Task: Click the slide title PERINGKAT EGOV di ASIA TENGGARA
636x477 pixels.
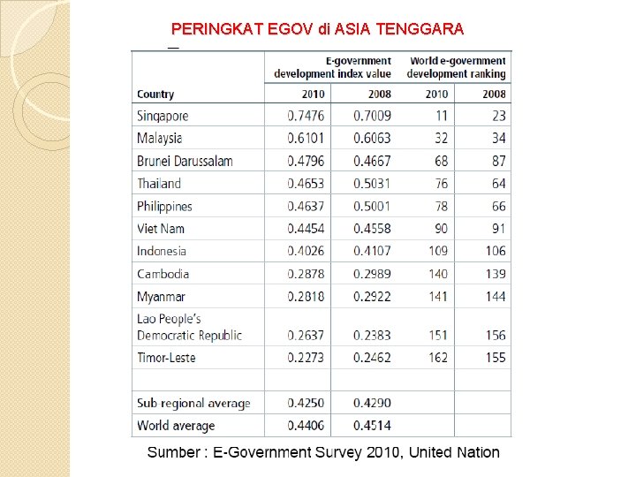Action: point(317,29)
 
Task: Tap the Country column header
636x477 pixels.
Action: point(155,94)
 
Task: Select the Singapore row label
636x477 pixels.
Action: point(163,116)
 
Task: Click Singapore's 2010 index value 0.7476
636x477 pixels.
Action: point(306,116)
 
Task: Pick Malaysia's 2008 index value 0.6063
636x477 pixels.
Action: point(372,138)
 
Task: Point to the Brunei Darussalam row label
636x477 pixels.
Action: point(185,161)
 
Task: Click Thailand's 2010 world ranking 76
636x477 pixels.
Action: point(440,184)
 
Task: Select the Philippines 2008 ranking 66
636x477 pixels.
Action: point(498,206)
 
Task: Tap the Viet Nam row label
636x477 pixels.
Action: point(161,229)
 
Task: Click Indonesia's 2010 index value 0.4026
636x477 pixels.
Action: point(306,251)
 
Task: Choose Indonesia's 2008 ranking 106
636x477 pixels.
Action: point(496,251)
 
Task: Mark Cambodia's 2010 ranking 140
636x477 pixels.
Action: point(437,274)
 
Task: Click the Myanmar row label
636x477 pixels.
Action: point(161,297)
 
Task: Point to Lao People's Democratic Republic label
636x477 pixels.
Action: point(189,327)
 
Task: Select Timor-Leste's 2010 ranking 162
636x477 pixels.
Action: point(437,358)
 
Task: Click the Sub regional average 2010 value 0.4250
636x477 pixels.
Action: point(306,403)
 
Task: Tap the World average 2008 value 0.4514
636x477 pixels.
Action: point(372,426)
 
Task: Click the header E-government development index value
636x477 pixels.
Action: point(332,68)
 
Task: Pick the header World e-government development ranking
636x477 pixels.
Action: point(456,68)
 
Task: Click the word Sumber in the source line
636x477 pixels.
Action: point(174,452)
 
